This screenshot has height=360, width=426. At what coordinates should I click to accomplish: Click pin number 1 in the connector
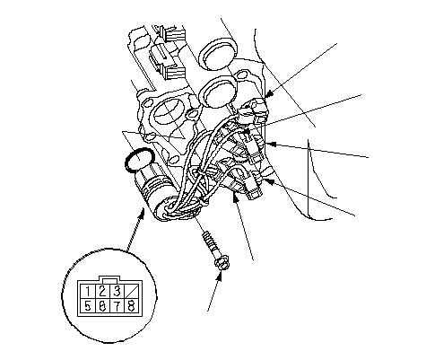[88, 291]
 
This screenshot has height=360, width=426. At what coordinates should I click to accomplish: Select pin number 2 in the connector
[103, 291]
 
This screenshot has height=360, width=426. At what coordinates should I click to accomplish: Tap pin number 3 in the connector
[117, 291]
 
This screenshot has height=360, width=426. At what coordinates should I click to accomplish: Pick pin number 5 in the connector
[88, 306]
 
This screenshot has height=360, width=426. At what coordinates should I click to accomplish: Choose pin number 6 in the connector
[102, 306]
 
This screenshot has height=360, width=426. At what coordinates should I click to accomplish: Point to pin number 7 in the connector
[117, 306]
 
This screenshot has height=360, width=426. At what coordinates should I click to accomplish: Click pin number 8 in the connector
[132, 306]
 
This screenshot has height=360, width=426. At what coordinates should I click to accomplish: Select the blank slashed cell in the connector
[132, 291]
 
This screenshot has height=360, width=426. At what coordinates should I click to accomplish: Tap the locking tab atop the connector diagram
[110, 279]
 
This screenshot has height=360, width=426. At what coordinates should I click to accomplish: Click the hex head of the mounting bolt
[222, 262]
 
